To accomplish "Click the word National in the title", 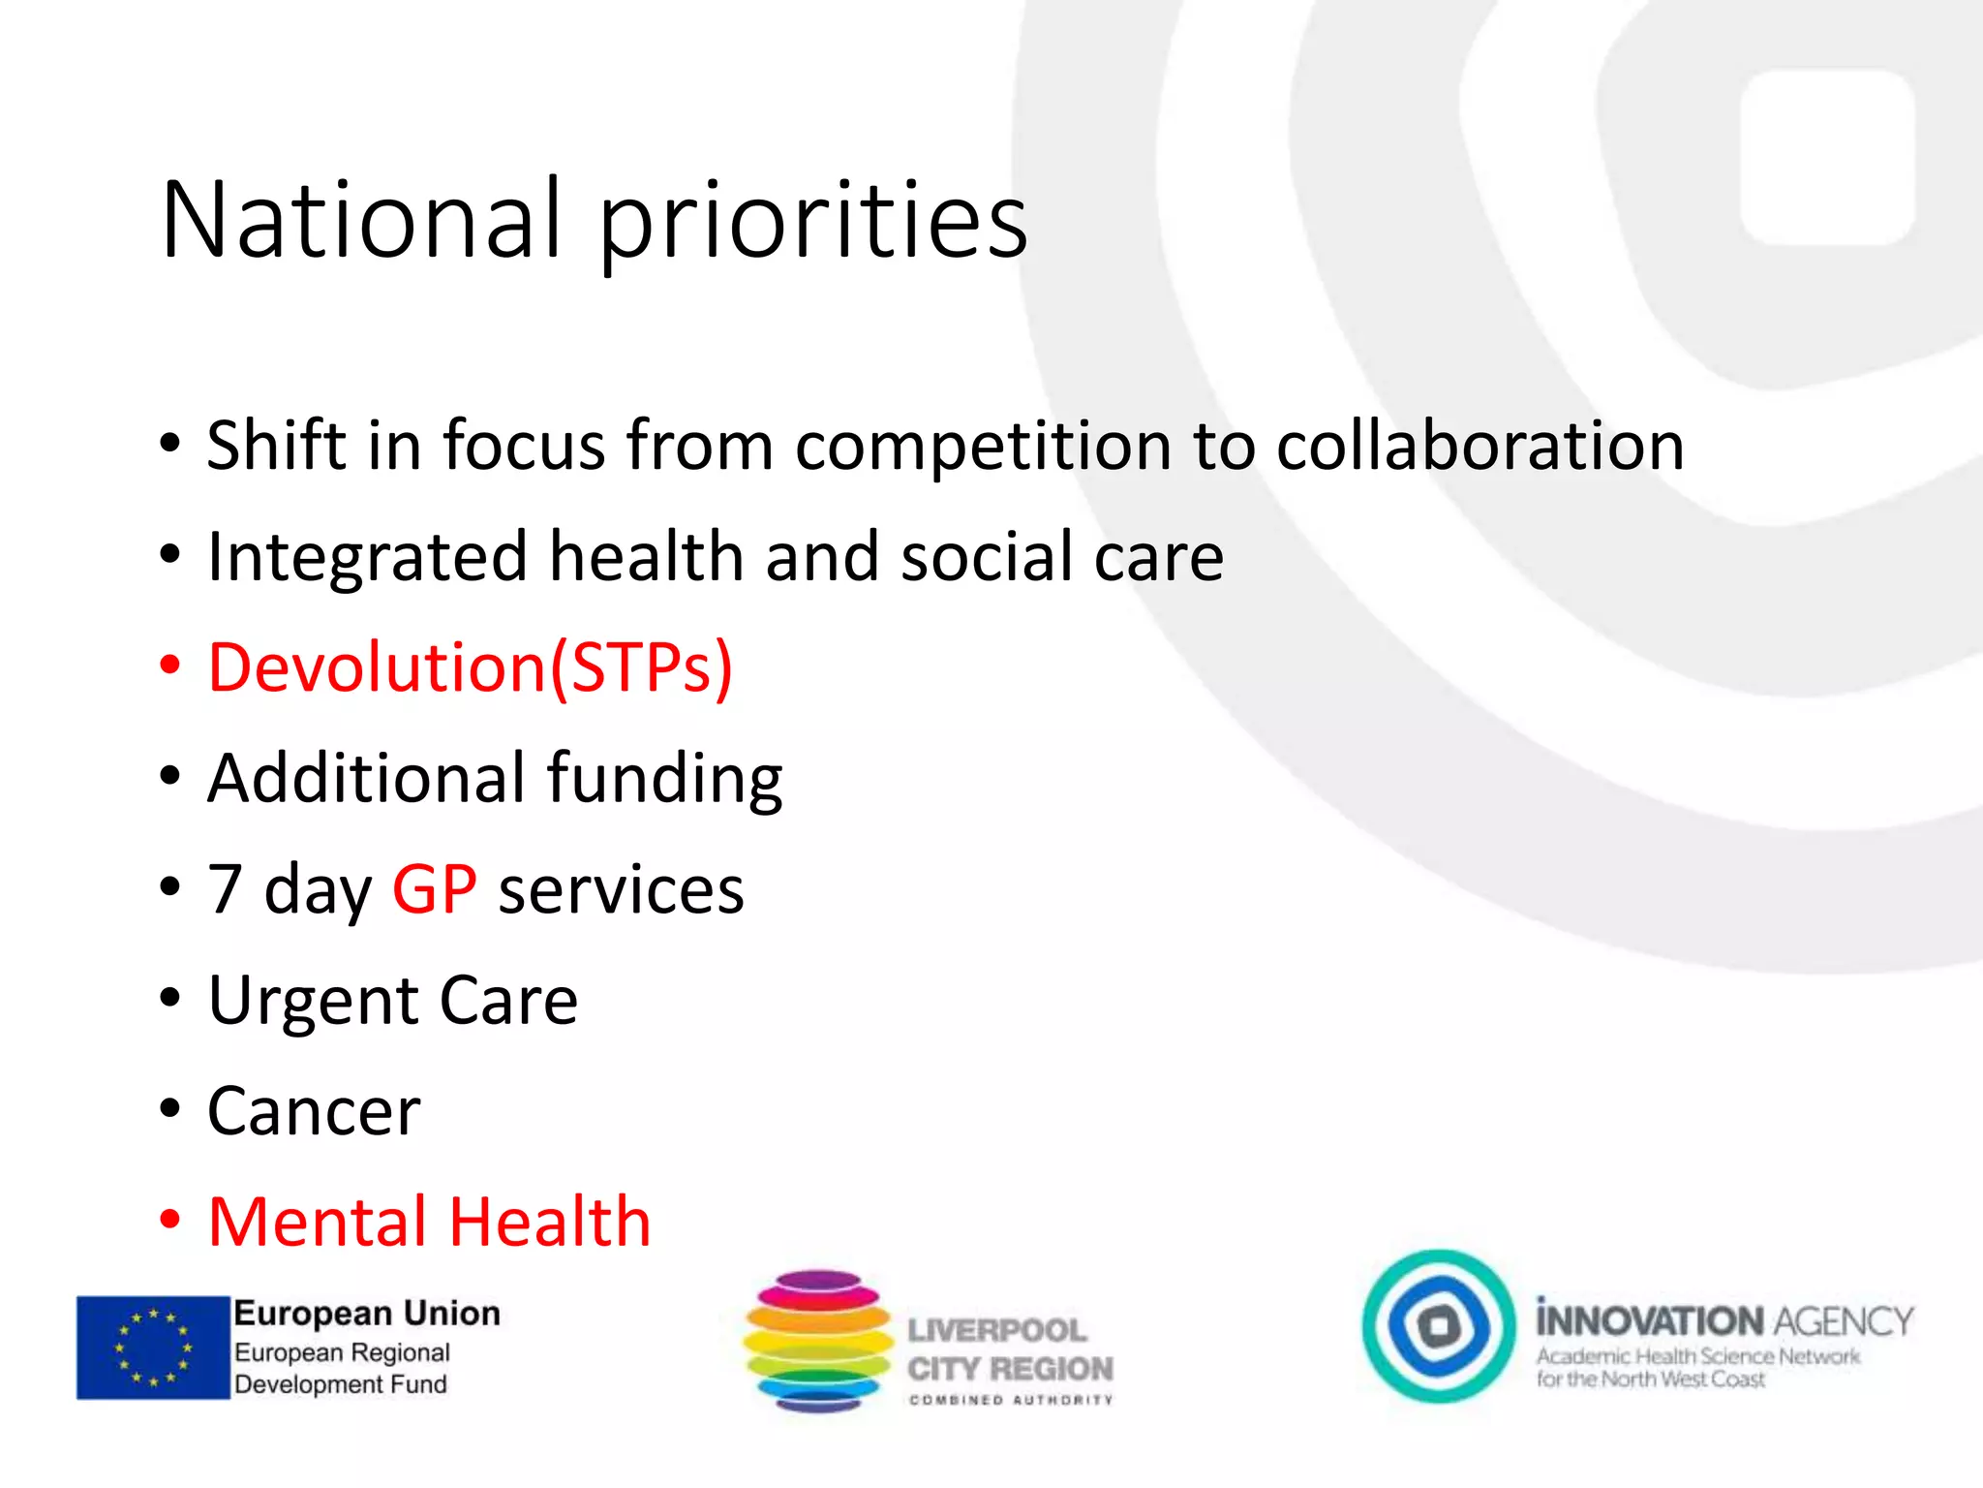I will [x=361, y=220].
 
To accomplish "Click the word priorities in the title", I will [x=813, y=223].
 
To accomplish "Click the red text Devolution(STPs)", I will [x=471, y=667].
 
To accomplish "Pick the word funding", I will [x=664, y=779].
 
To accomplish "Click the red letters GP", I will [x=434, y=888].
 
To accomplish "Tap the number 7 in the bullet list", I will [x=225, y=888].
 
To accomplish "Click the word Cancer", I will [x=314, y=1111].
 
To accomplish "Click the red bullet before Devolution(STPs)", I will [x=170, y=666].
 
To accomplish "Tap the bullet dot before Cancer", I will [x=170, y=1110].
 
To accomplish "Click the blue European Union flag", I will [x=153, y=1348].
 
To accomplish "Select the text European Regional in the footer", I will [x=342, y=1352].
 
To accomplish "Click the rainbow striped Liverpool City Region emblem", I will [x=817, y=1341].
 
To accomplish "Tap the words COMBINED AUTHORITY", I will [x=1011, y=1400].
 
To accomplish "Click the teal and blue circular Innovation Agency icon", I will [x=1439, y=1325].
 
